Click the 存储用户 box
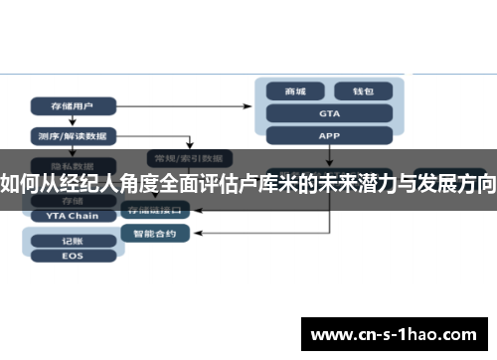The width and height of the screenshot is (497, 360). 74,104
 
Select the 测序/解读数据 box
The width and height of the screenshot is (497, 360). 74,135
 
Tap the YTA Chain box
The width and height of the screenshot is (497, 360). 72,215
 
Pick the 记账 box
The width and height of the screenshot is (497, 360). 72,240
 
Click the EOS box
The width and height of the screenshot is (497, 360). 72,257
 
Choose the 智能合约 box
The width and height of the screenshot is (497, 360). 153,233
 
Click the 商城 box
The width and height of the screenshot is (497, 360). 295,91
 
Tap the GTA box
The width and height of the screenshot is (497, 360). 329,113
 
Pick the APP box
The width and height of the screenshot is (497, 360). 329,135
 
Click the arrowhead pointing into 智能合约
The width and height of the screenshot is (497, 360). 192,233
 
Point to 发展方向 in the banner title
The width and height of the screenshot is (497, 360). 453,183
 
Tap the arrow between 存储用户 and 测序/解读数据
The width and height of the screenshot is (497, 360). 74,120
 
